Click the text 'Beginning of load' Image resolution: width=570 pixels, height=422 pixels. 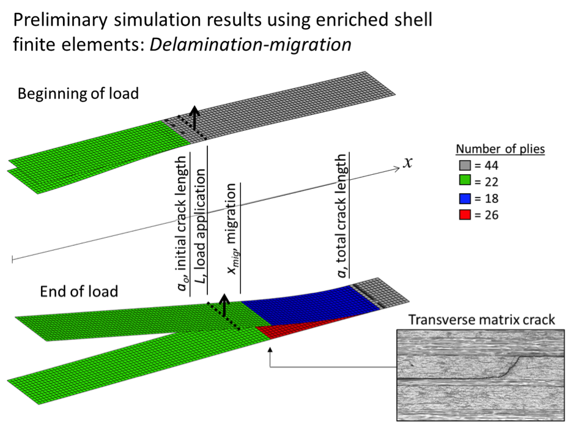click(78, 94)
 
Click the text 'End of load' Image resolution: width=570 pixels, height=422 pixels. click(79, 291)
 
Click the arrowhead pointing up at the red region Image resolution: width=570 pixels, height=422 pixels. click(269, 350)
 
